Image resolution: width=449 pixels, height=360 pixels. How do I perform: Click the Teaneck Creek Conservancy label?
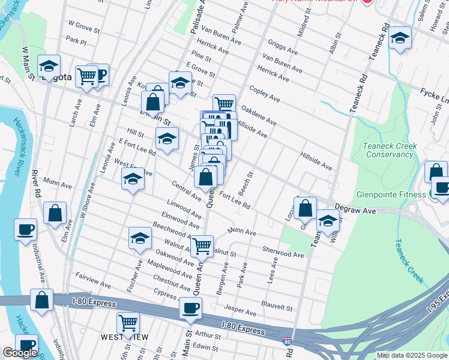tap(388, 150)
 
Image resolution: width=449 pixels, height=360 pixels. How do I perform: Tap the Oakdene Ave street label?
tap(258, 116)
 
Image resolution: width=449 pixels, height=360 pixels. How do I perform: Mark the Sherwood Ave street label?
tap(283, 254)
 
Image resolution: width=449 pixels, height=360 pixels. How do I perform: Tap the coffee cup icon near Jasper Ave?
tap(191, 308)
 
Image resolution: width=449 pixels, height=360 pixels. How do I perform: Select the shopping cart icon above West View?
tap(128, 323)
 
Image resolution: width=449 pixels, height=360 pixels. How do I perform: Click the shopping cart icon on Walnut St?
tap(202, 245)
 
